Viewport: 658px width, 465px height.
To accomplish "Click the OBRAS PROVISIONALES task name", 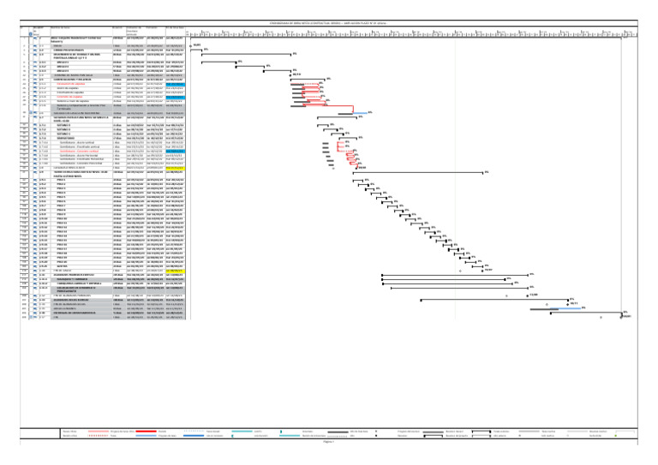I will [x=75, y=50].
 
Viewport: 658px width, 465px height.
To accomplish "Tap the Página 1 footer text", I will [x=329, y=442].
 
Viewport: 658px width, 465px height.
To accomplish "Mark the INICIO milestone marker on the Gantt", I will [x=190, y=45].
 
